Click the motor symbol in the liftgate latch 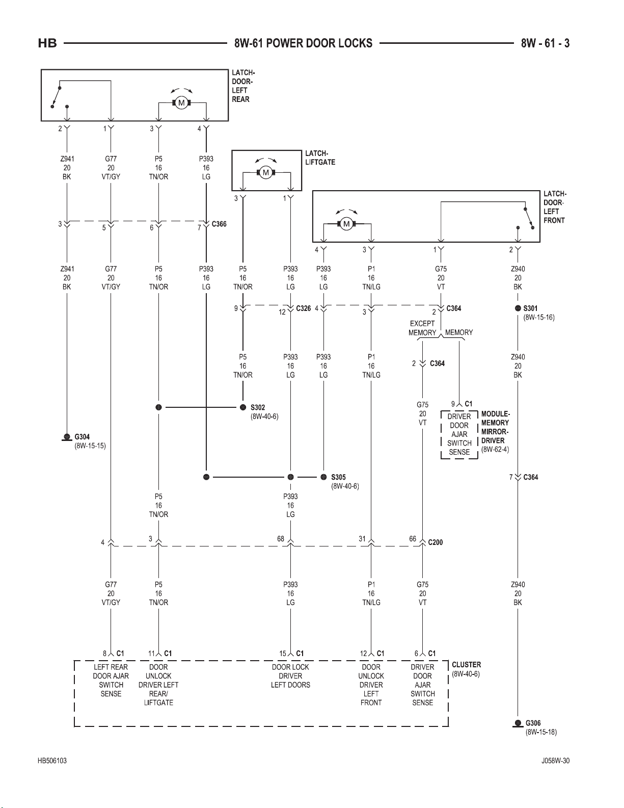tap(265, 172)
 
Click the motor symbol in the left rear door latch tap(182, 102)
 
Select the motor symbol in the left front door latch tap(346, 224)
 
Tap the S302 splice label tap(258, 407)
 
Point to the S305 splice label tap(338, 477)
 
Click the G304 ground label tap(82, 437)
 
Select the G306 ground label tap(533, 723)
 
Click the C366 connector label tap(219, 224)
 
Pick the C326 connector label tap(304, 308)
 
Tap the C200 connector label tap(436, 542)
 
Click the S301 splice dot tap(518, 308)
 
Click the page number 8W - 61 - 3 tap(545, 43)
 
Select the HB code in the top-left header tap(47, 43)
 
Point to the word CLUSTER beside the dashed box tap(467, 665)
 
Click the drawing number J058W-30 tap(555, 761)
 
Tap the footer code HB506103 tap(52, 761)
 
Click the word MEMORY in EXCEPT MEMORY tap(422, 333)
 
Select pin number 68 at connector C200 tap(281, 539)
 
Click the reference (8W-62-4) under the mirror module tap(495, 450)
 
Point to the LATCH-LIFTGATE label tap(320, 158)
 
